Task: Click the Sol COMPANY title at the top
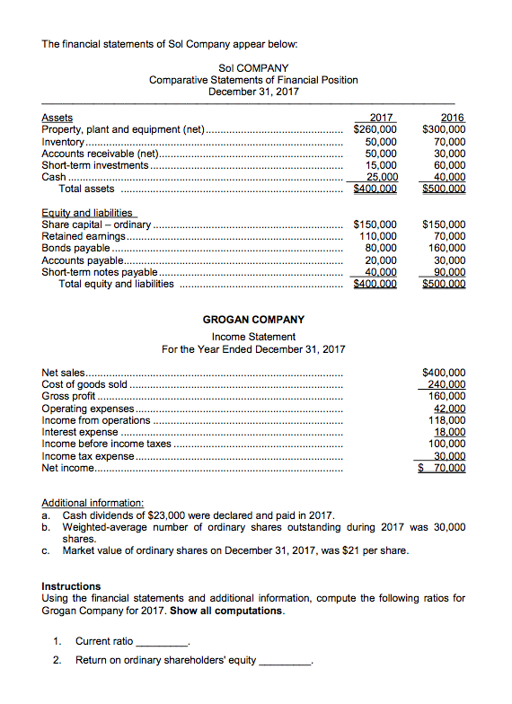pyautogui.click(x=253, y=67)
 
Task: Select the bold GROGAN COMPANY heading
pyautogui.click(x=253, y=319)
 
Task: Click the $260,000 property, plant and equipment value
pyautogui.click(x=375, y=129)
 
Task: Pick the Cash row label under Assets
pyautogui.click(x=54, y=177)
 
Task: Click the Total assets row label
pyautogui.click(x=86, y=189)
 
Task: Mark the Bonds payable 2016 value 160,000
pyautogui.click(x=447, y=248)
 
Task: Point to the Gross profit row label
pyautogui.click(x=68, y=396)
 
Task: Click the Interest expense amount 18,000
pyautogui.click(x=450, y=432)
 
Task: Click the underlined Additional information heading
pyautogui.click(x=93, y=504)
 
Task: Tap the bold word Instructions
pyautogui.click(x=71, y=586)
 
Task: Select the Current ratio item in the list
pyautogui.click(x=104, y=641)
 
